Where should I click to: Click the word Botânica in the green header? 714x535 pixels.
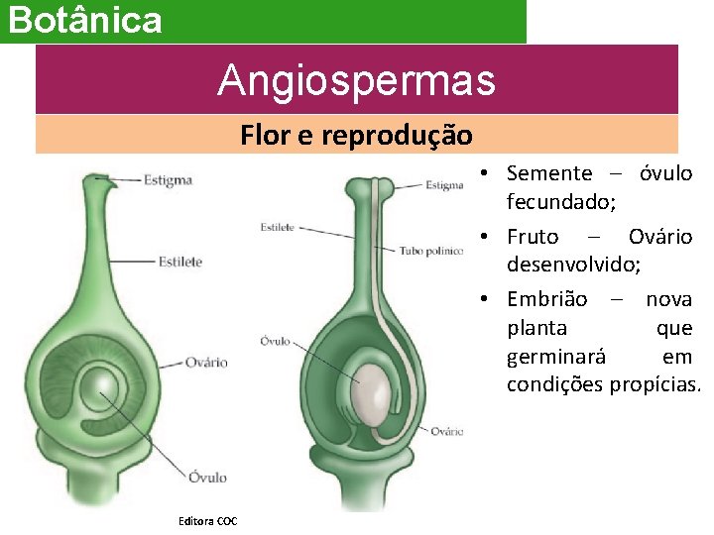pyautogui.click(x=85, y=20)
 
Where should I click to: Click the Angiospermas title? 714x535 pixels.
pyautogui.click(x=356, y=79)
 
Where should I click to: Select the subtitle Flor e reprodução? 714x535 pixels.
pyautogui.click(x=356, y=134)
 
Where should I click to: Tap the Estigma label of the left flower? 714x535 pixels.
pyautogui.click(x=168, y=180)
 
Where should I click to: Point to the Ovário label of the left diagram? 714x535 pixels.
pyautogui.click(x=206, y=363)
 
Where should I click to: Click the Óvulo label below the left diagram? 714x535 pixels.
pyautogui.click(x=207, y=478)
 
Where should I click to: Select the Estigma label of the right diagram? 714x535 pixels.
pyautogui.click(x=444, y=184)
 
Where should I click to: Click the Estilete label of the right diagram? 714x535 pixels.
pyautogui.click(x=277, y=228)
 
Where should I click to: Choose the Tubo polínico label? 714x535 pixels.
pyautogui.click(x=430, y=252)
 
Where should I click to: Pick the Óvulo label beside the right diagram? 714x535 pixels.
pyautogui.click(x=275, y=341)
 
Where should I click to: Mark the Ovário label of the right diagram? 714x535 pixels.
pyautogui.click(x=447, y=431)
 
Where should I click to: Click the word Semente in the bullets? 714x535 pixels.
pyautogui.click(x=548, y=173)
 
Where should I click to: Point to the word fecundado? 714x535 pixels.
pyautogui.click(x=560, y=201)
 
